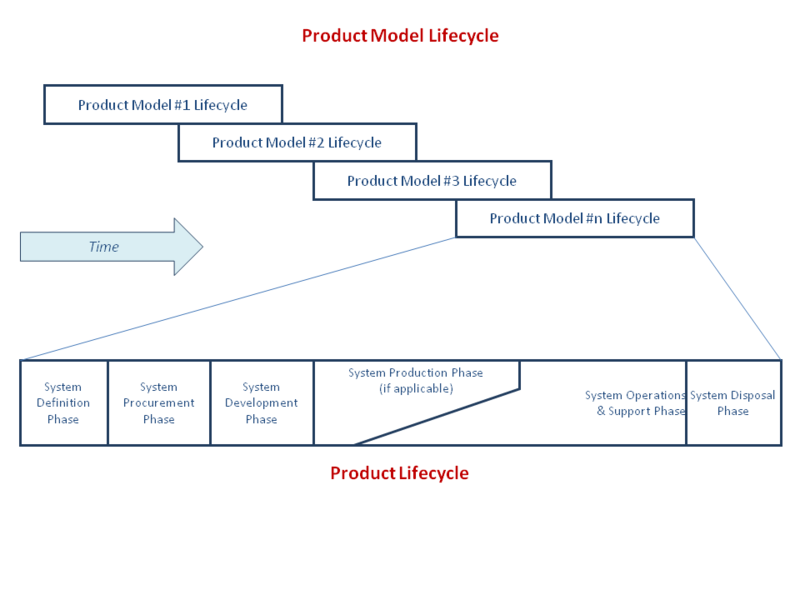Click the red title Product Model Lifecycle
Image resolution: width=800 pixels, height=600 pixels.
click(400, 36)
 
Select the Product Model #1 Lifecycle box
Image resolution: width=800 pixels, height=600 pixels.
click(163, 105)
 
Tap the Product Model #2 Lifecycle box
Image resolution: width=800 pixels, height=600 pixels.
click(297, 143)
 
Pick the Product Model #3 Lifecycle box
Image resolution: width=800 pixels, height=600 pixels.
click(432, 181)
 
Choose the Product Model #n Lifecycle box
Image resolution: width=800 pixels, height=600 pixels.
click(574, 218)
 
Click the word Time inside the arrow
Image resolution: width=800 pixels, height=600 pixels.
click(104, 247)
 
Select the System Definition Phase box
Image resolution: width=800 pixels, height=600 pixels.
click(63, 403)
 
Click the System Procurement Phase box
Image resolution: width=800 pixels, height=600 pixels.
click(159, 403)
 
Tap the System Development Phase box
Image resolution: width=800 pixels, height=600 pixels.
click(261, 403)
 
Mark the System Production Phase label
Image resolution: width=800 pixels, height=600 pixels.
click(415, 373)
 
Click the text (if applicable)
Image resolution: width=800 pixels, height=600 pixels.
click(416, 388)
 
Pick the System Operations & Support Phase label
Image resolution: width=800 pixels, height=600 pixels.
click(635, 403)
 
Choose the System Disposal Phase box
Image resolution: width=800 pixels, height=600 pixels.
click(733, 403)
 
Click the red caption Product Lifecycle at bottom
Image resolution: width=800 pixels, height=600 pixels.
click(399, 473)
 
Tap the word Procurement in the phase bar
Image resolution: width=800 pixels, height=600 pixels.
click(159, 403)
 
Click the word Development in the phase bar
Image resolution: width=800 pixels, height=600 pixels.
click(261, 403)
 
